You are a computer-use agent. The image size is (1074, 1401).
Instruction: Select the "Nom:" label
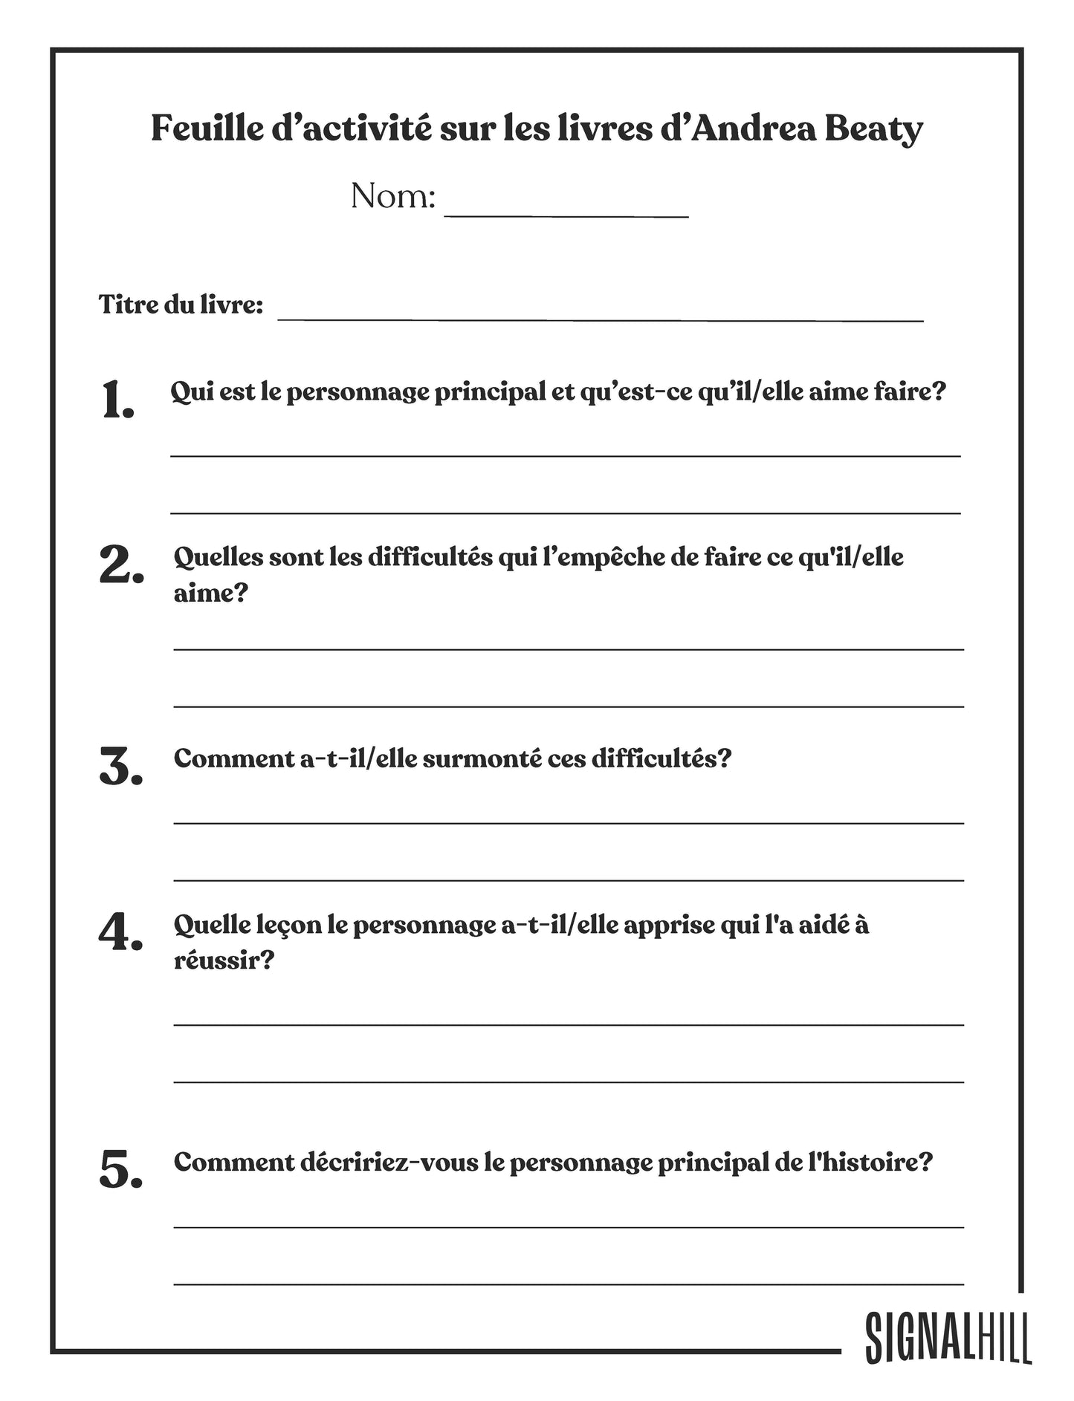[x=392, y=197]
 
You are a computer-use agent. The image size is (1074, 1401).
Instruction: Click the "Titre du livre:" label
[x=181, y=305]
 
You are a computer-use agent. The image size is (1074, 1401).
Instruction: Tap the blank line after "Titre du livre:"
[x=600, y=316]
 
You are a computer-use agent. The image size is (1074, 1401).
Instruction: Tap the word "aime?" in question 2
[x=210, y=593]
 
